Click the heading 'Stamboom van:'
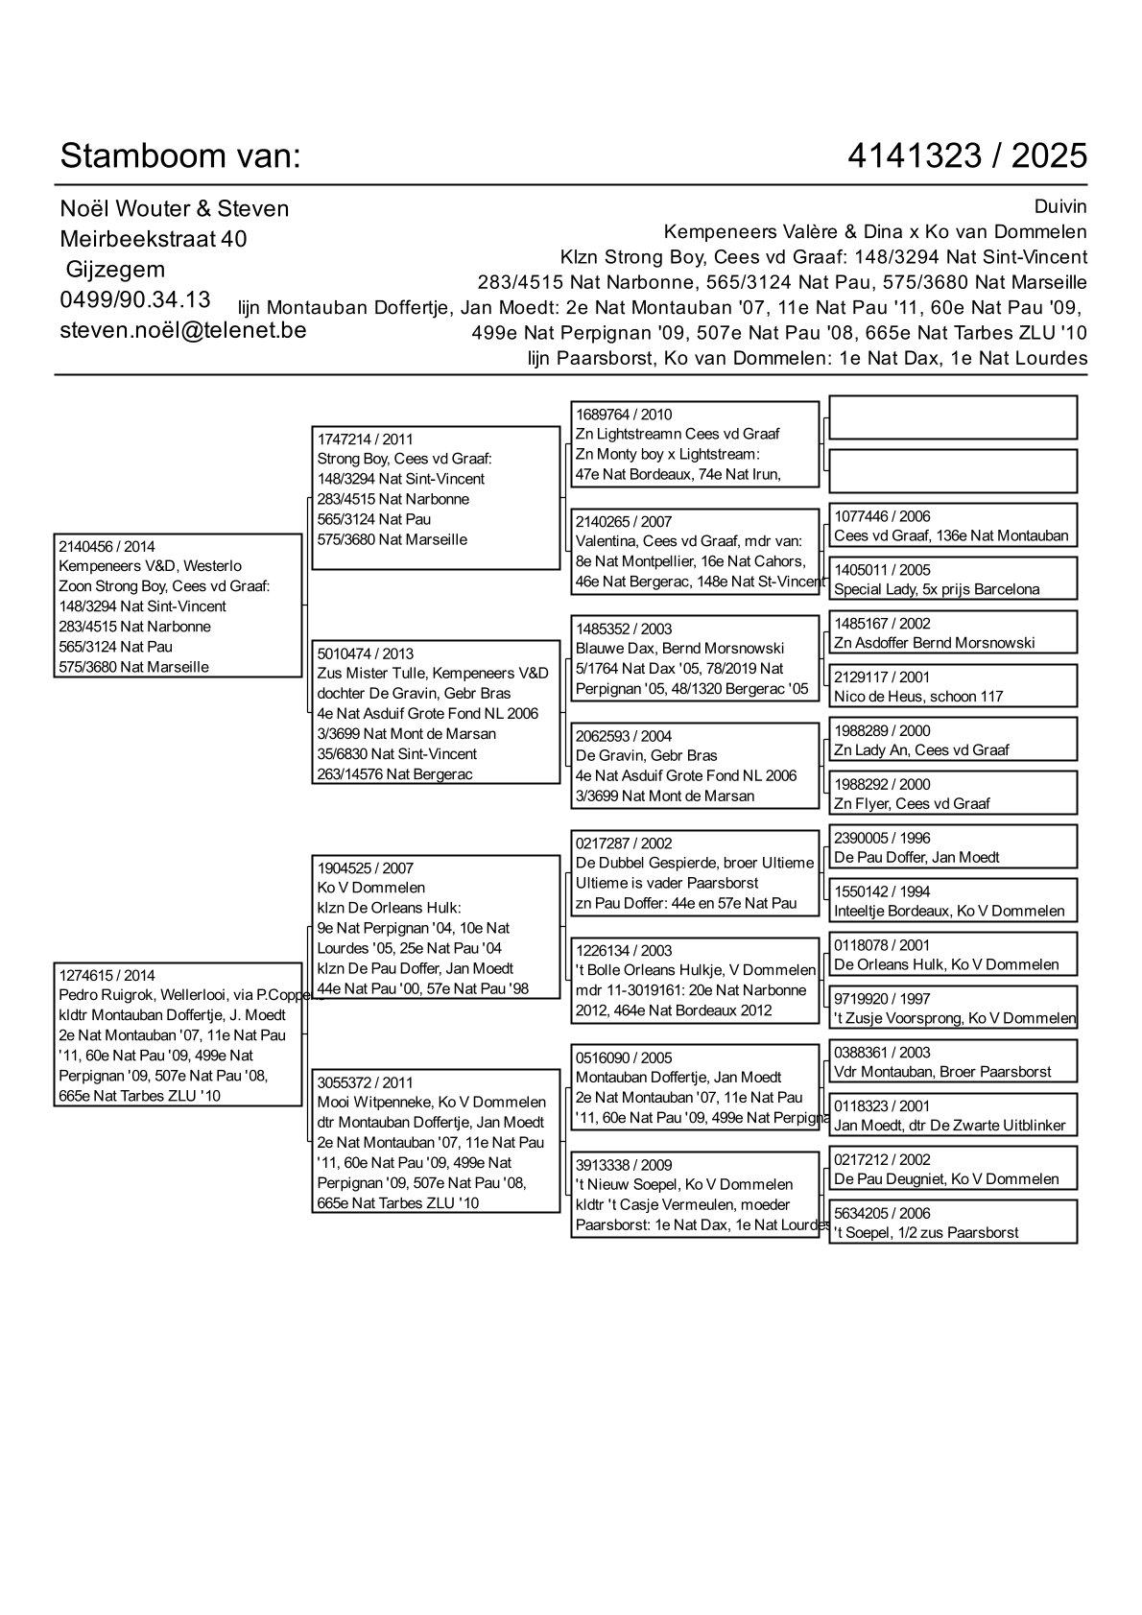[x=180, y=155]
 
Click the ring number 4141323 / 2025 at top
[x=967, y=155]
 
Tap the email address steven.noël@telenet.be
[x=183, y=329]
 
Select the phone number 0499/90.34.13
[x=135, y=299]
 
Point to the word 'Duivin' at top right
[x=1060, y=207]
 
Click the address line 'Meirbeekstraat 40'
[x=154, y=239]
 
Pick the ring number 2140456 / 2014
[x=107, y=546]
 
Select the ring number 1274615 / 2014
[x=107, y=975]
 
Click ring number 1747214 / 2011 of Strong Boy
[x=366, y=439]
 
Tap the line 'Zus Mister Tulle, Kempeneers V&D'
[x=433, y=674]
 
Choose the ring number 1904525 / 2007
[x=366, y=868]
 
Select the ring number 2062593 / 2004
[x=624, y=736]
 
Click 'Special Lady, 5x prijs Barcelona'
[x=937, y=589]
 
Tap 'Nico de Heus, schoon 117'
[x=918, y=697]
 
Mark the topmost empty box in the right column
[x=952, y=417]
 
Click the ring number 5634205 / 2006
[x=882, y=1213]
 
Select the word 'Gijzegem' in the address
[x=115, y=270]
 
